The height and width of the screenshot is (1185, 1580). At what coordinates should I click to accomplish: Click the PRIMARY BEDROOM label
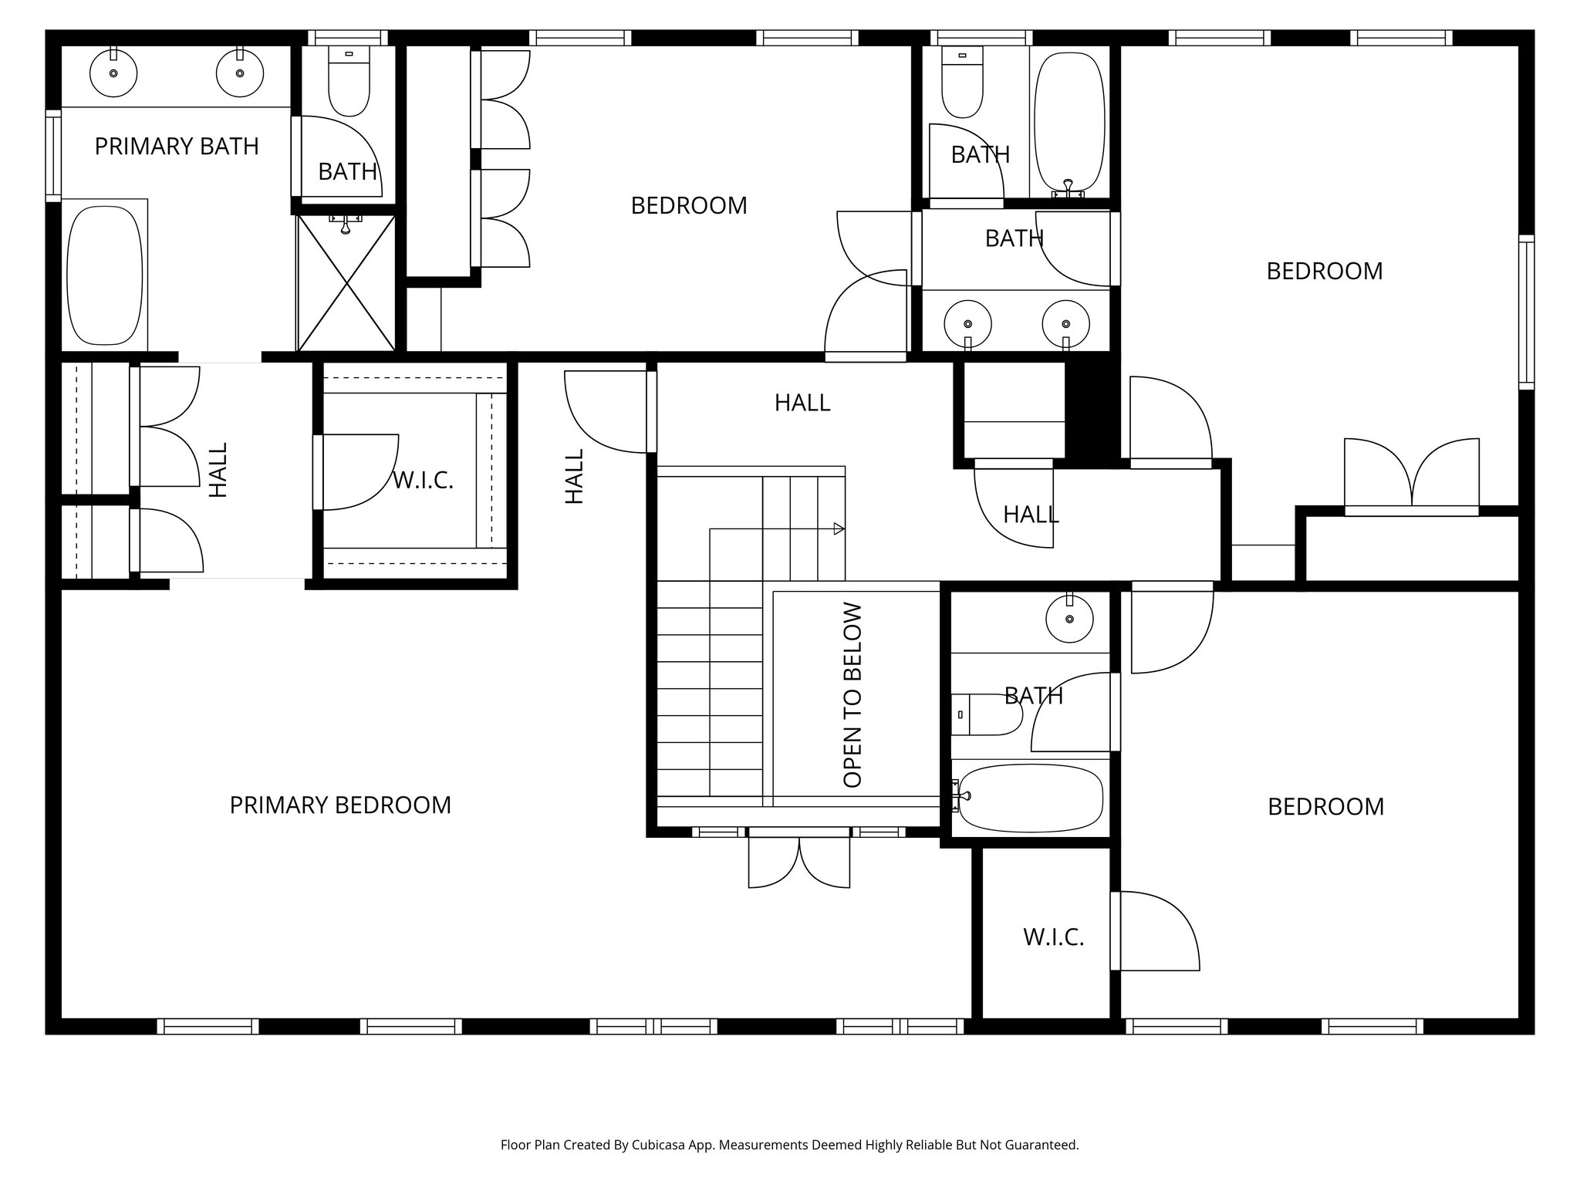(x=340, y=805)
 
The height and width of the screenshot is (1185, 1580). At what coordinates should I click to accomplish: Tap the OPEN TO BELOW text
(x=852, y=695)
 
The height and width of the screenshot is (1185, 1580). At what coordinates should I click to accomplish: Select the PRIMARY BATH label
(x=177, y=147)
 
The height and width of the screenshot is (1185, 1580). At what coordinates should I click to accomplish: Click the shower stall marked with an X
(x=346, y=284)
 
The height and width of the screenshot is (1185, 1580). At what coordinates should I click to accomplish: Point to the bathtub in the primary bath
(x=105, y=275)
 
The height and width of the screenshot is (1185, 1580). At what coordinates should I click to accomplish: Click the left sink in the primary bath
(x=113, y=73)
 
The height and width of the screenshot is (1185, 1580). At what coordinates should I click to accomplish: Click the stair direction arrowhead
(x=839, y=528)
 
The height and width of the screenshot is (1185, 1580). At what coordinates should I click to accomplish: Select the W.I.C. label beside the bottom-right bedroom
(x=1054, y=937)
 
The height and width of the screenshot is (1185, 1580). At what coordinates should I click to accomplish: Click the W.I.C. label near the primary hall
(x=423, y=481)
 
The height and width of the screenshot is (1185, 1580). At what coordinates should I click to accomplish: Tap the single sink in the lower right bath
(x=1069, y=619)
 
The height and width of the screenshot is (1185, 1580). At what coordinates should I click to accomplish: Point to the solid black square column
(x=1092, y=412)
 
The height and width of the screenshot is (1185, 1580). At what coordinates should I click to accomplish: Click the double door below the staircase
(x=799, y=860)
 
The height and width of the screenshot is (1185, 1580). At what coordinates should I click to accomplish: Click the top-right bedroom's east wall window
(x=1526, y=312)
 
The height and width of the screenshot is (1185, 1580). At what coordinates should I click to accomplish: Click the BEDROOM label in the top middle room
(x=689, y=206)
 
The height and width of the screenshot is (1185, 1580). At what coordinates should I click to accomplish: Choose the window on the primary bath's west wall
(x=53, y=156)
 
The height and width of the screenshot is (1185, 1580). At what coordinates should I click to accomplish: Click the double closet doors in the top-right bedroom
(x=1412, y=474)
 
